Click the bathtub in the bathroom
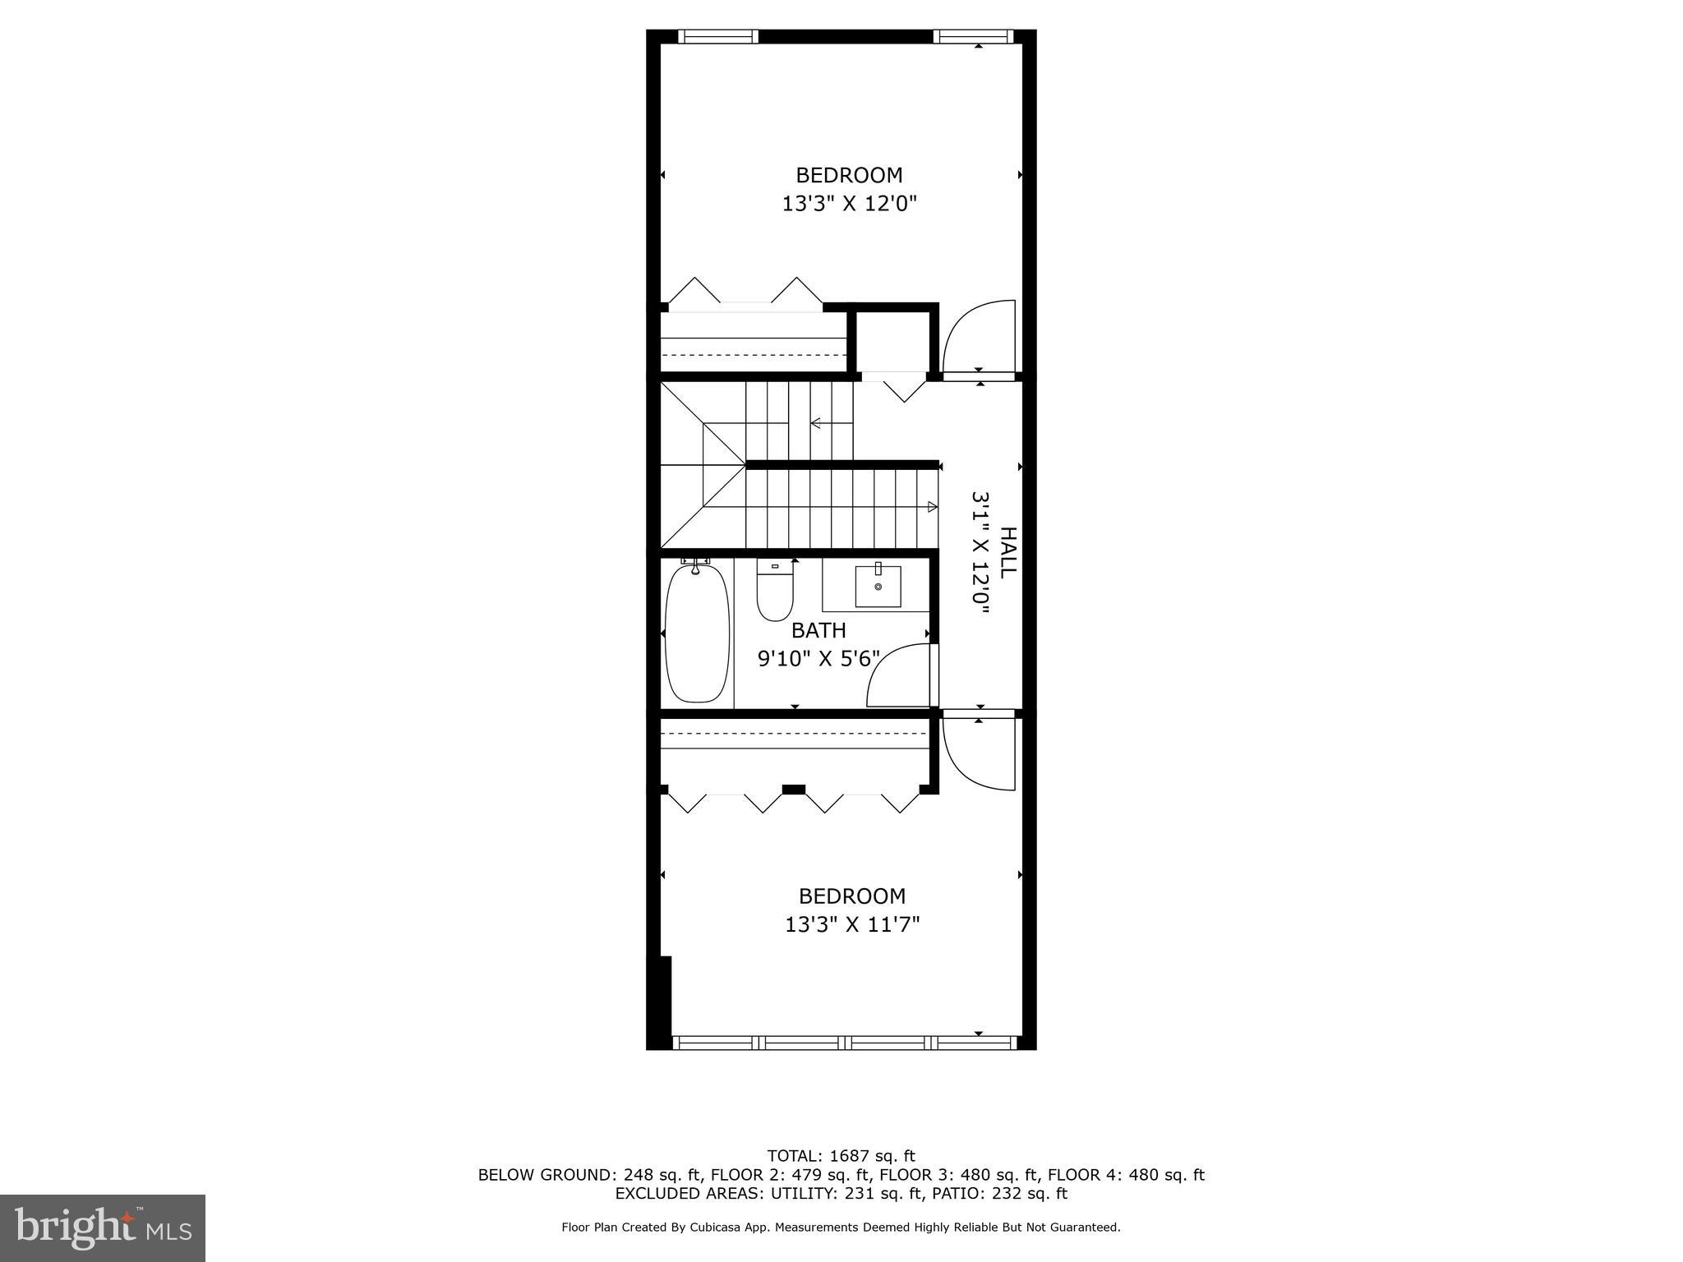pos(697,632)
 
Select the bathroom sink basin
pos(878,586)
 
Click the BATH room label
pos(818,630)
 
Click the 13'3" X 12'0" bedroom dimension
pos(849,203)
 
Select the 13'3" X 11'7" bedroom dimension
pos(852,924)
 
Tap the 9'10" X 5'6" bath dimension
pos(818,658)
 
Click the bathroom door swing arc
pos(899,675)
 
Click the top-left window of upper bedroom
pos(718,36)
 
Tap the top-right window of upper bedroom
pos(974,36)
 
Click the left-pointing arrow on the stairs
pos(817,423)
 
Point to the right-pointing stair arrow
pos(932,506)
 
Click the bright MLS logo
pos(103,1227)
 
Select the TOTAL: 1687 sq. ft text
pos(841,1156)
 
